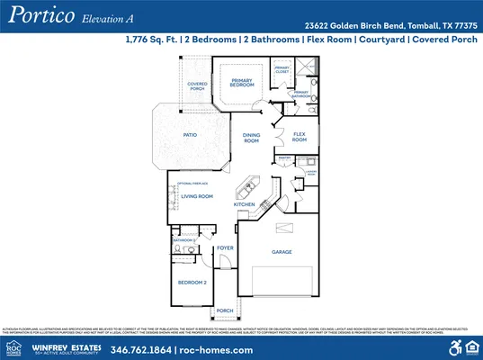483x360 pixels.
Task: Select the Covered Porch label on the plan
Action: pyautogui.click(x=197, y=86)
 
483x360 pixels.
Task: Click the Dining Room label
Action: pyautogui.click(x=252, y=138)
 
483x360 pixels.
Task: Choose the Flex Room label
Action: pyautogui.click(x=300, y=138)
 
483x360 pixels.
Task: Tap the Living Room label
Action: pyautogui.click(x=197, y=195)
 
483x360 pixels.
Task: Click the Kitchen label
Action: pyautogui.click(x=245, y=204)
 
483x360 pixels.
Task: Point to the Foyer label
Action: pyautogui.click(x=225, y=247)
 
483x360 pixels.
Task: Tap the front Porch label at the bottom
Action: pyautogui.click(x=225, y=310)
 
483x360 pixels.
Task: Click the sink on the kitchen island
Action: pyautogui.click(x=244, y=190)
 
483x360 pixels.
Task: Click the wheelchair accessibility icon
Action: pyautogui.click(x=454, y=347)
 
